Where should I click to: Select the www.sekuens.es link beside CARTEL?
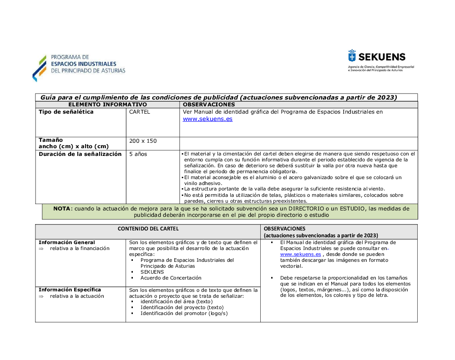pyautogui.click(x=207, y=119)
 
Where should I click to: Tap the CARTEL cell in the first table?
pyautogui.click(x=139, y=112)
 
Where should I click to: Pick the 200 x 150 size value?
pyautogui.click(x=143, y=141)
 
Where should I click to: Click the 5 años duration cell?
pyautogui.click(x=138, y=154)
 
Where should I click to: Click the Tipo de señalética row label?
pyautogui.click(x=66, y=112)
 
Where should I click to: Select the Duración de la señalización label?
pyautogui.click(x=80, y=154)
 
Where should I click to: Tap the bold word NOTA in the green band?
pyautogui.click(x=62, y=209)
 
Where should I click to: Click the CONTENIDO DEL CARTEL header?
pyautogui.click(x=148, y=229)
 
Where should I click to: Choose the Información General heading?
pyautogui.click(x=67, y=242)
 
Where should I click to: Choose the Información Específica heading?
pyautogui.click(x=70, y=290)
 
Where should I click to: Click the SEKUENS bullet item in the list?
pyautogui.click(x=152, y=272)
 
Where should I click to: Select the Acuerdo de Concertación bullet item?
pyautogui.click(x=171, y=278)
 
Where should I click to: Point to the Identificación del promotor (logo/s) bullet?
pyautogui.click(x=184, y=313)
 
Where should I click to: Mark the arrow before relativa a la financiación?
pyautogui.click(x=40, y=249)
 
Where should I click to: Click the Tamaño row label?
pyautogui.click(x=51, y=140)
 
